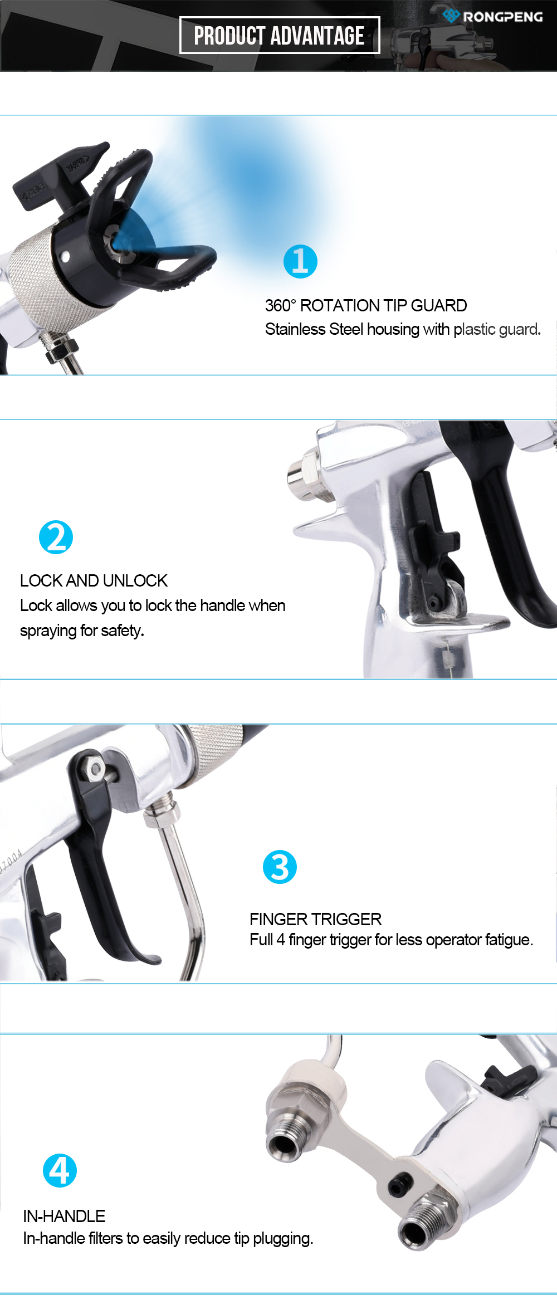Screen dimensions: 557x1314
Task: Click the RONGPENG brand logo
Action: [x=492, y=16]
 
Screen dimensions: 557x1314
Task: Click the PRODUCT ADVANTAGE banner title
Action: [x=279, y=36]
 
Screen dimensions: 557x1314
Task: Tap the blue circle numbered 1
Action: [x=300, y=261]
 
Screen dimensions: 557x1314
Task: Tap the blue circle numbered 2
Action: [x=56, y=538]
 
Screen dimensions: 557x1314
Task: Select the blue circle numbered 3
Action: [x=280, y=867]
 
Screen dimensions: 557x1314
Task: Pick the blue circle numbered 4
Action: [x=60, y=1170]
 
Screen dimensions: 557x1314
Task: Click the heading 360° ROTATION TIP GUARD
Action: [x=366, y=305]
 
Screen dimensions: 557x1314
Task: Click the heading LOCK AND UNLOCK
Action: [x=94, y=580]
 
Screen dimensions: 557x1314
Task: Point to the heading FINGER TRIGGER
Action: [x=315, y=919]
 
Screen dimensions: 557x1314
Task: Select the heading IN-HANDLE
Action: [x=64, y=1216]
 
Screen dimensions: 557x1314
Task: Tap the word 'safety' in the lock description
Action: [x=121, y=631]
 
